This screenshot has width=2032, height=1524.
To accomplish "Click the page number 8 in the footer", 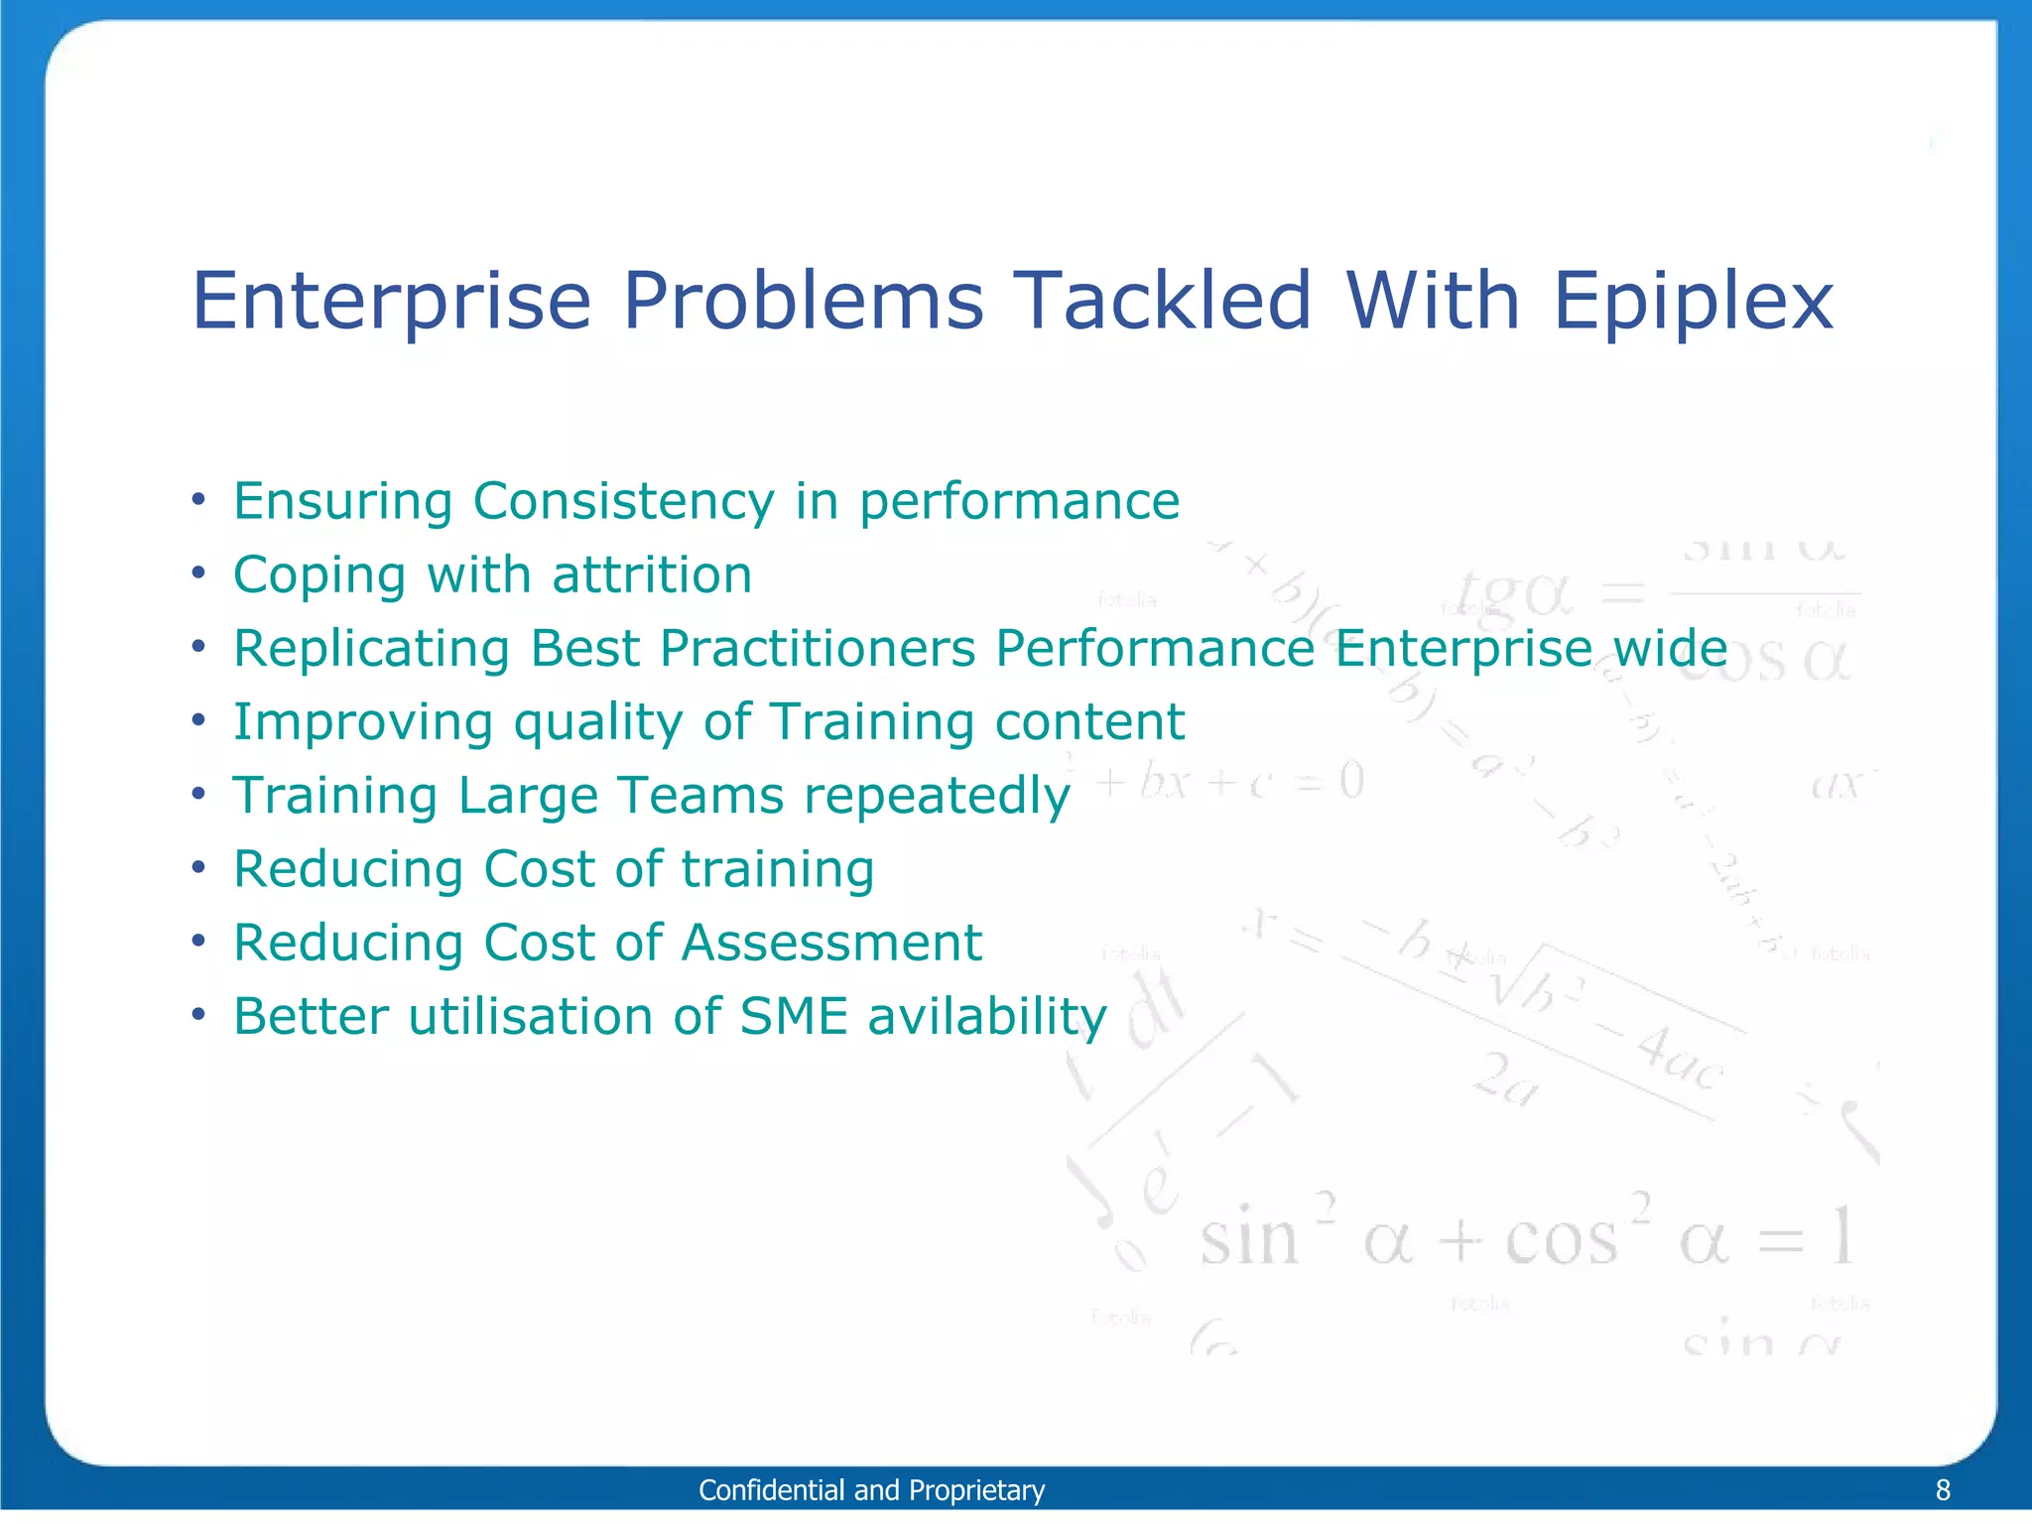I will click(x=1943, y=1490).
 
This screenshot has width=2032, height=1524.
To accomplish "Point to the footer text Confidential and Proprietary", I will click(x=871, y=1490).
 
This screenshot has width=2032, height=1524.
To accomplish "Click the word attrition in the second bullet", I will click(x=652, y=574).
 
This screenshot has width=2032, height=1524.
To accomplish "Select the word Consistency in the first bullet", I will click(x=623, y=501).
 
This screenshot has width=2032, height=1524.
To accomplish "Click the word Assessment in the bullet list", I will click(x=831, y=943).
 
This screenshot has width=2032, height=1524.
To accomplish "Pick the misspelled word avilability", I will click(x=987, y=1017).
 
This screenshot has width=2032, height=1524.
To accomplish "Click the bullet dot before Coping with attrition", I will click(x=199, y=573).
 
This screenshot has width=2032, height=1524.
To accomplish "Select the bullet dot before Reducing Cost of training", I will click(x=199, y=868).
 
